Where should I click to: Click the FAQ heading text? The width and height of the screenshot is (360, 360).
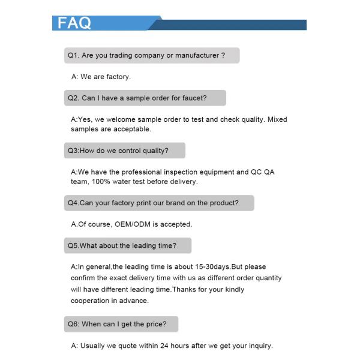tap(74, 23)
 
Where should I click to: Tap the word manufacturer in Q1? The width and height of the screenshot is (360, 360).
tap(194, 55)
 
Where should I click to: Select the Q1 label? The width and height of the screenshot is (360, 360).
tap(73, 55)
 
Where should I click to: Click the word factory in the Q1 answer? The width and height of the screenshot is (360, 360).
tap(118, 77)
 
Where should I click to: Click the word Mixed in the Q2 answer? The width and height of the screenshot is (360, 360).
tap(278, 119)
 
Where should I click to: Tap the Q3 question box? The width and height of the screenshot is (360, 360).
tap(124, 150)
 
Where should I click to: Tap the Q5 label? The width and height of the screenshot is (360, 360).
tap(73, 245)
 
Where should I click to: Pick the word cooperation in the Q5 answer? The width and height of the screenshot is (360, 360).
tap(91, 301)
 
